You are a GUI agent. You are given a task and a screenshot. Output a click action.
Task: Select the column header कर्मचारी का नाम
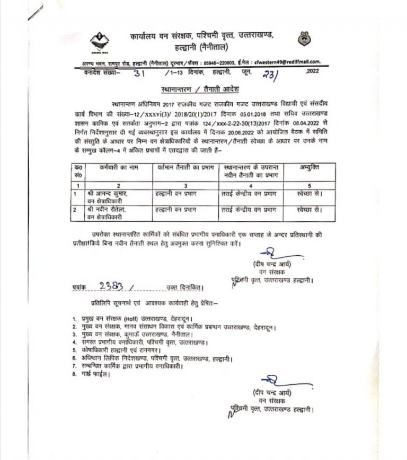pos(113,168)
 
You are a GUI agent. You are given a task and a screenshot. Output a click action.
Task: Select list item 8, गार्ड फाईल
pos(95,374)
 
